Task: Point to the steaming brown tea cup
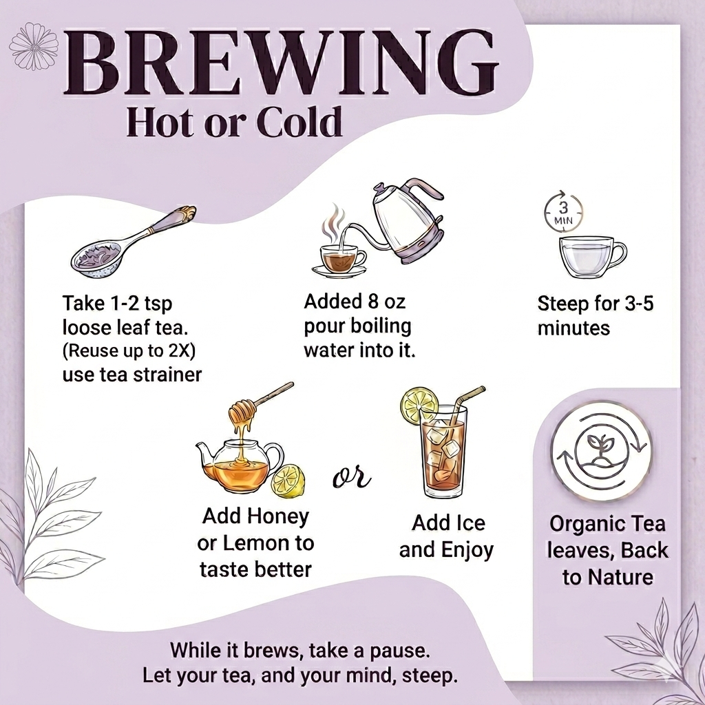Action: tap(339, 260)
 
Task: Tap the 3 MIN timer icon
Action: tap(563, 209)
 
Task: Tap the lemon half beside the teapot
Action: tap(288, 480)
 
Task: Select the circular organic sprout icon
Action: tap(601, 450)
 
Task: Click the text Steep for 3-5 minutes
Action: tap(595, 315)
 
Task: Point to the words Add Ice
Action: tap(448, 523)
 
